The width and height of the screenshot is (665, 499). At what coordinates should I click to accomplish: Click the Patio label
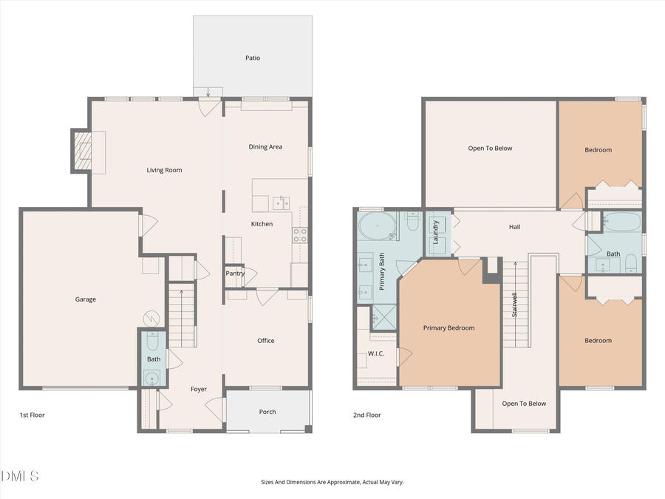point(253,58)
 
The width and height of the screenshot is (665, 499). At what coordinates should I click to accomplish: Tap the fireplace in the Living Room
point(83,152)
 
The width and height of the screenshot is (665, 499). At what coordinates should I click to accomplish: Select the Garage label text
point(86,299)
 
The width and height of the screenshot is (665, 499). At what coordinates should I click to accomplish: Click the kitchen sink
point(281,203)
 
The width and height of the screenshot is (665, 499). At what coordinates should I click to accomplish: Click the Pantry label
point(235,274)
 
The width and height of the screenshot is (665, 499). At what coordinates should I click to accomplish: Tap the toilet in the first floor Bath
point(153,342)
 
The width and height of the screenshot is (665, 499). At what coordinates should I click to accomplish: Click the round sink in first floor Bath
point(153,379)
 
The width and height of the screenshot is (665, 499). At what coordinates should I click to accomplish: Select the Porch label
point(267,412)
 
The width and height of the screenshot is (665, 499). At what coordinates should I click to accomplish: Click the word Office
point(266,341)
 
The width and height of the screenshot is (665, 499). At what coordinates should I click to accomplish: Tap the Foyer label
point(198,389)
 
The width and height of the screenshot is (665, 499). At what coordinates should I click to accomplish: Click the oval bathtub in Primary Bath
point(377,225)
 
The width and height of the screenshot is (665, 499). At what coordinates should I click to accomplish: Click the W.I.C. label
point(376,353)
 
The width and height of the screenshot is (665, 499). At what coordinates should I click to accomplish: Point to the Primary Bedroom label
point(449,327)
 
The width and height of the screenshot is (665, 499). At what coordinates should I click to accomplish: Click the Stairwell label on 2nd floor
point(514,305)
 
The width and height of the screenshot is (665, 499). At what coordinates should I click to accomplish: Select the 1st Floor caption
point(32,415)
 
